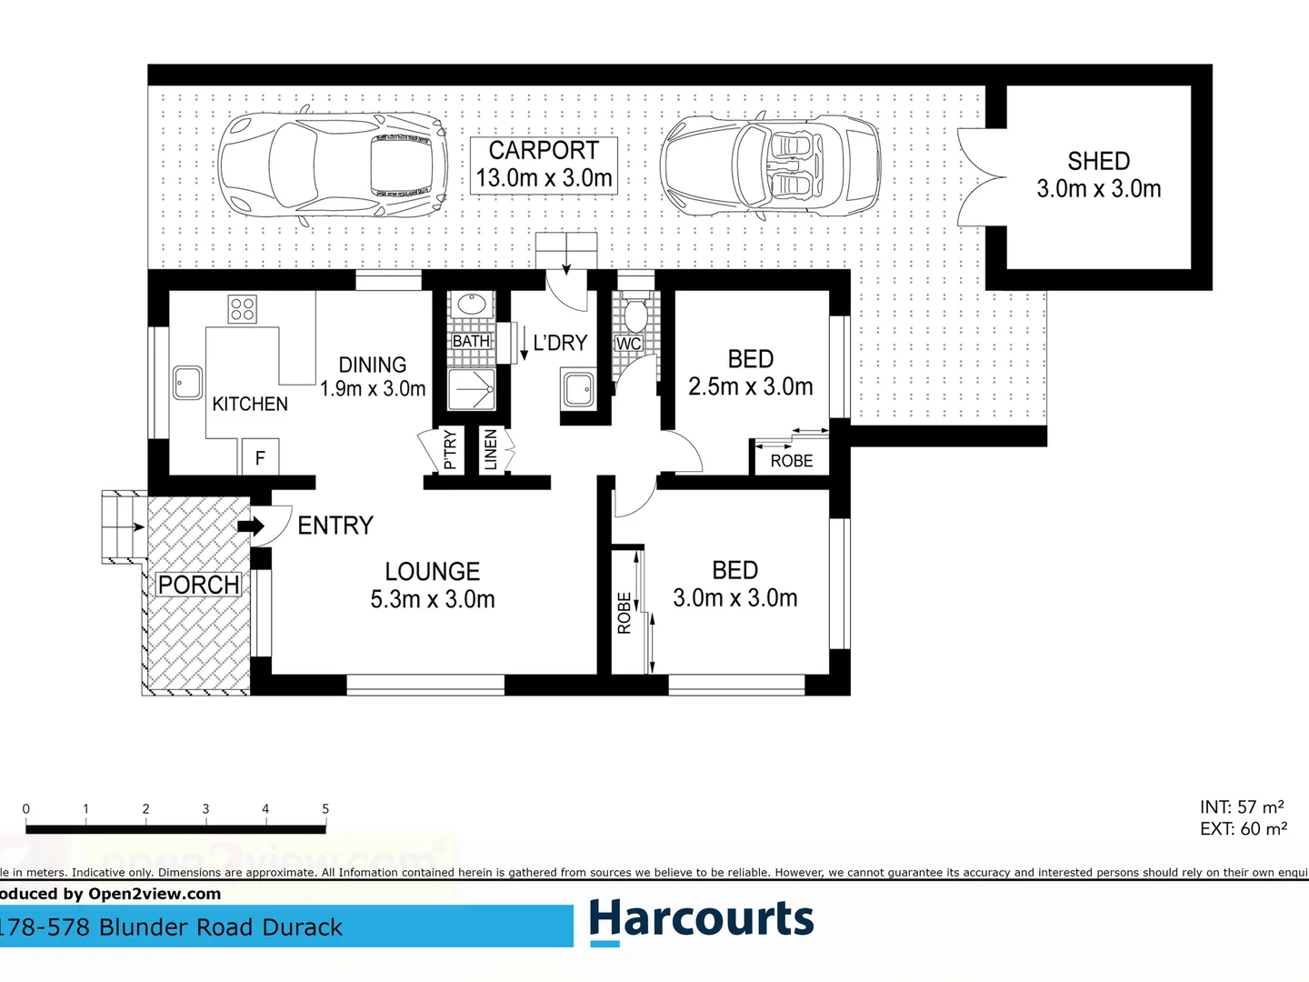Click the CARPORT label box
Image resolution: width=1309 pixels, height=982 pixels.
pyautogui.click(x=544, y=165)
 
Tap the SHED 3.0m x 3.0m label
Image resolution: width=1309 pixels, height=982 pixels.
pyautogui.click(x=1098, y=175)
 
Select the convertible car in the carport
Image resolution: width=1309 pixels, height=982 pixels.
pyautogui.click(x=770, y=165)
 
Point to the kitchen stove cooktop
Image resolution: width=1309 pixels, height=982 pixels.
pyautogui.click(x=243, y=309)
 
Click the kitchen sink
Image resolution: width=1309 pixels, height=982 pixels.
pyautogui.click(x=188, y=383)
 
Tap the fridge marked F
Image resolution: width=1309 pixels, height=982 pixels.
pyautogui.click(x=260, y=457)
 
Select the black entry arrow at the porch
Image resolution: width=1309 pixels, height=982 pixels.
pyautogui.click(x=250, y=526)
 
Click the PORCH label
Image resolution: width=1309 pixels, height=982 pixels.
pyautogui.click(x=198, y=585)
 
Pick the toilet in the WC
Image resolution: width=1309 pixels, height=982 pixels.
pyautogui.click(x=635, y=315)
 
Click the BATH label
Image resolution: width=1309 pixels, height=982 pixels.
pyautogui.click(x=471, y=341)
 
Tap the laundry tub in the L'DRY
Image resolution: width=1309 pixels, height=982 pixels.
pyautogui.click(x=578, y=389)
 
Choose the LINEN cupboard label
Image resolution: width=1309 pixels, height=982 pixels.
pyautogui.click(x=491, y=450)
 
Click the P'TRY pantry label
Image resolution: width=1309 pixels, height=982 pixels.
pyautogui.click(x=449, y=450)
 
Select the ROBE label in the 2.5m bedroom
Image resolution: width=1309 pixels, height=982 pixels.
pyautogui.click(x=791, y=461)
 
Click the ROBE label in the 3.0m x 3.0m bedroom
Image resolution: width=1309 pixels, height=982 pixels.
pyautogui.click(x=625, y=613)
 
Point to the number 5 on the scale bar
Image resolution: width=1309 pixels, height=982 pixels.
pyautogui.click(x=325, y=809)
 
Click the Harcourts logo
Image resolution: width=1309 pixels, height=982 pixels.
pyautogui.click(x=701, y=920)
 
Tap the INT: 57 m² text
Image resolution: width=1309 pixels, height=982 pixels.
pyautogui.click(x=1241, y=807)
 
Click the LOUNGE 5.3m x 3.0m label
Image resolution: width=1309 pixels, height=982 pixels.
pyautogui.click(x=433, y=586)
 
